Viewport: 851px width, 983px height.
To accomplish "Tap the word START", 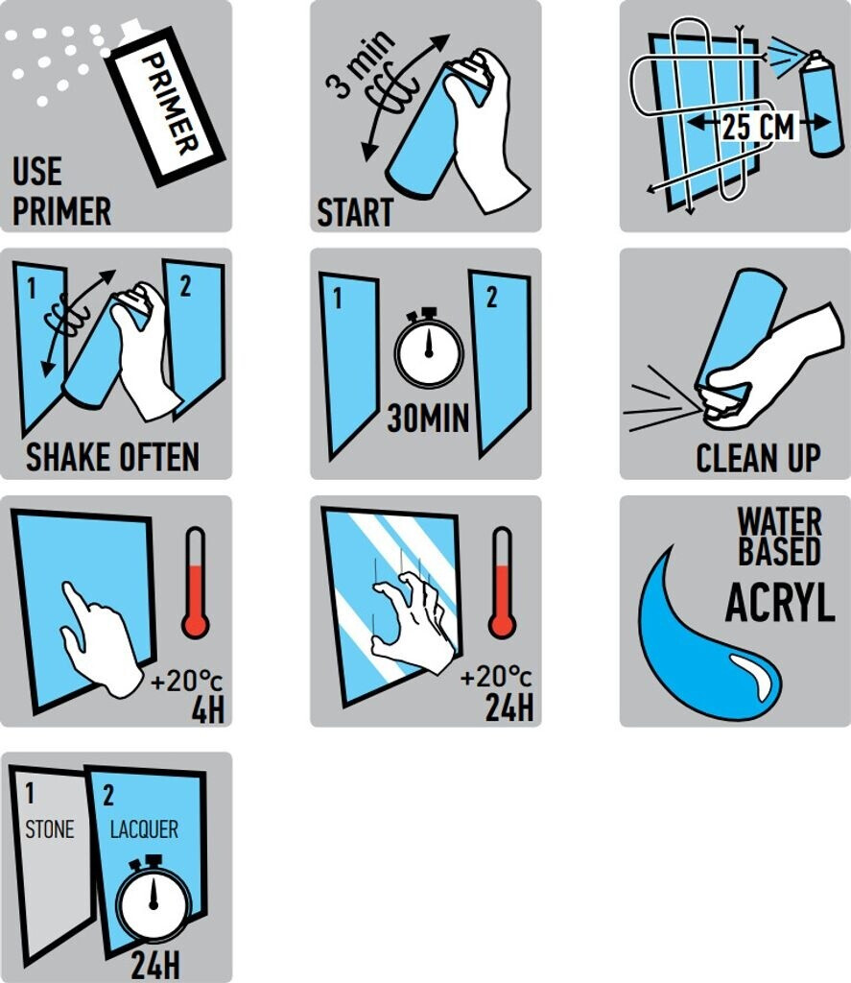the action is (355, 212).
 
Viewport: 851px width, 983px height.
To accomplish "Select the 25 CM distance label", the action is (758, 126).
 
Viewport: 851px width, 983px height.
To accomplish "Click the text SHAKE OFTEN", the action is (113, 456).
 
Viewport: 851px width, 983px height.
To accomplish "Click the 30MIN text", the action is (429, 418).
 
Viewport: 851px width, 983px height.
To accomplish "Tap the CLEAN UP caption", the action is (758, 458).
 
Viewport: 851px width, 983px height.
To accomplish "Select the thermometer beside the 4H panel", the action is (196, 583).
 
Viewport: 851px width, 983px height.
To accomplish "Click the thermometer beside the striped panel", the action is (503, 583).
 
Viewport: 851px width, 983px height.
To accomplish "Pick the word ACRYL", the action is (780, 603).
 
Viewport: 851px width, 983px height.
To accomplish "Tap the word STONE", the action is (50, 829).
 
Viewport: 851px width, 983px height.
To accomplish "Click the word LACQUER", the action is (144, 829).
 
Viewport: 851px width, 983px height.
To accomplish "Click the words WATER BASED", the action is (780, 536).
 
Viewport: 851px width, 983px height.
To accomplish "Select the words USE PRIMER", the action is (61, 191).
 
